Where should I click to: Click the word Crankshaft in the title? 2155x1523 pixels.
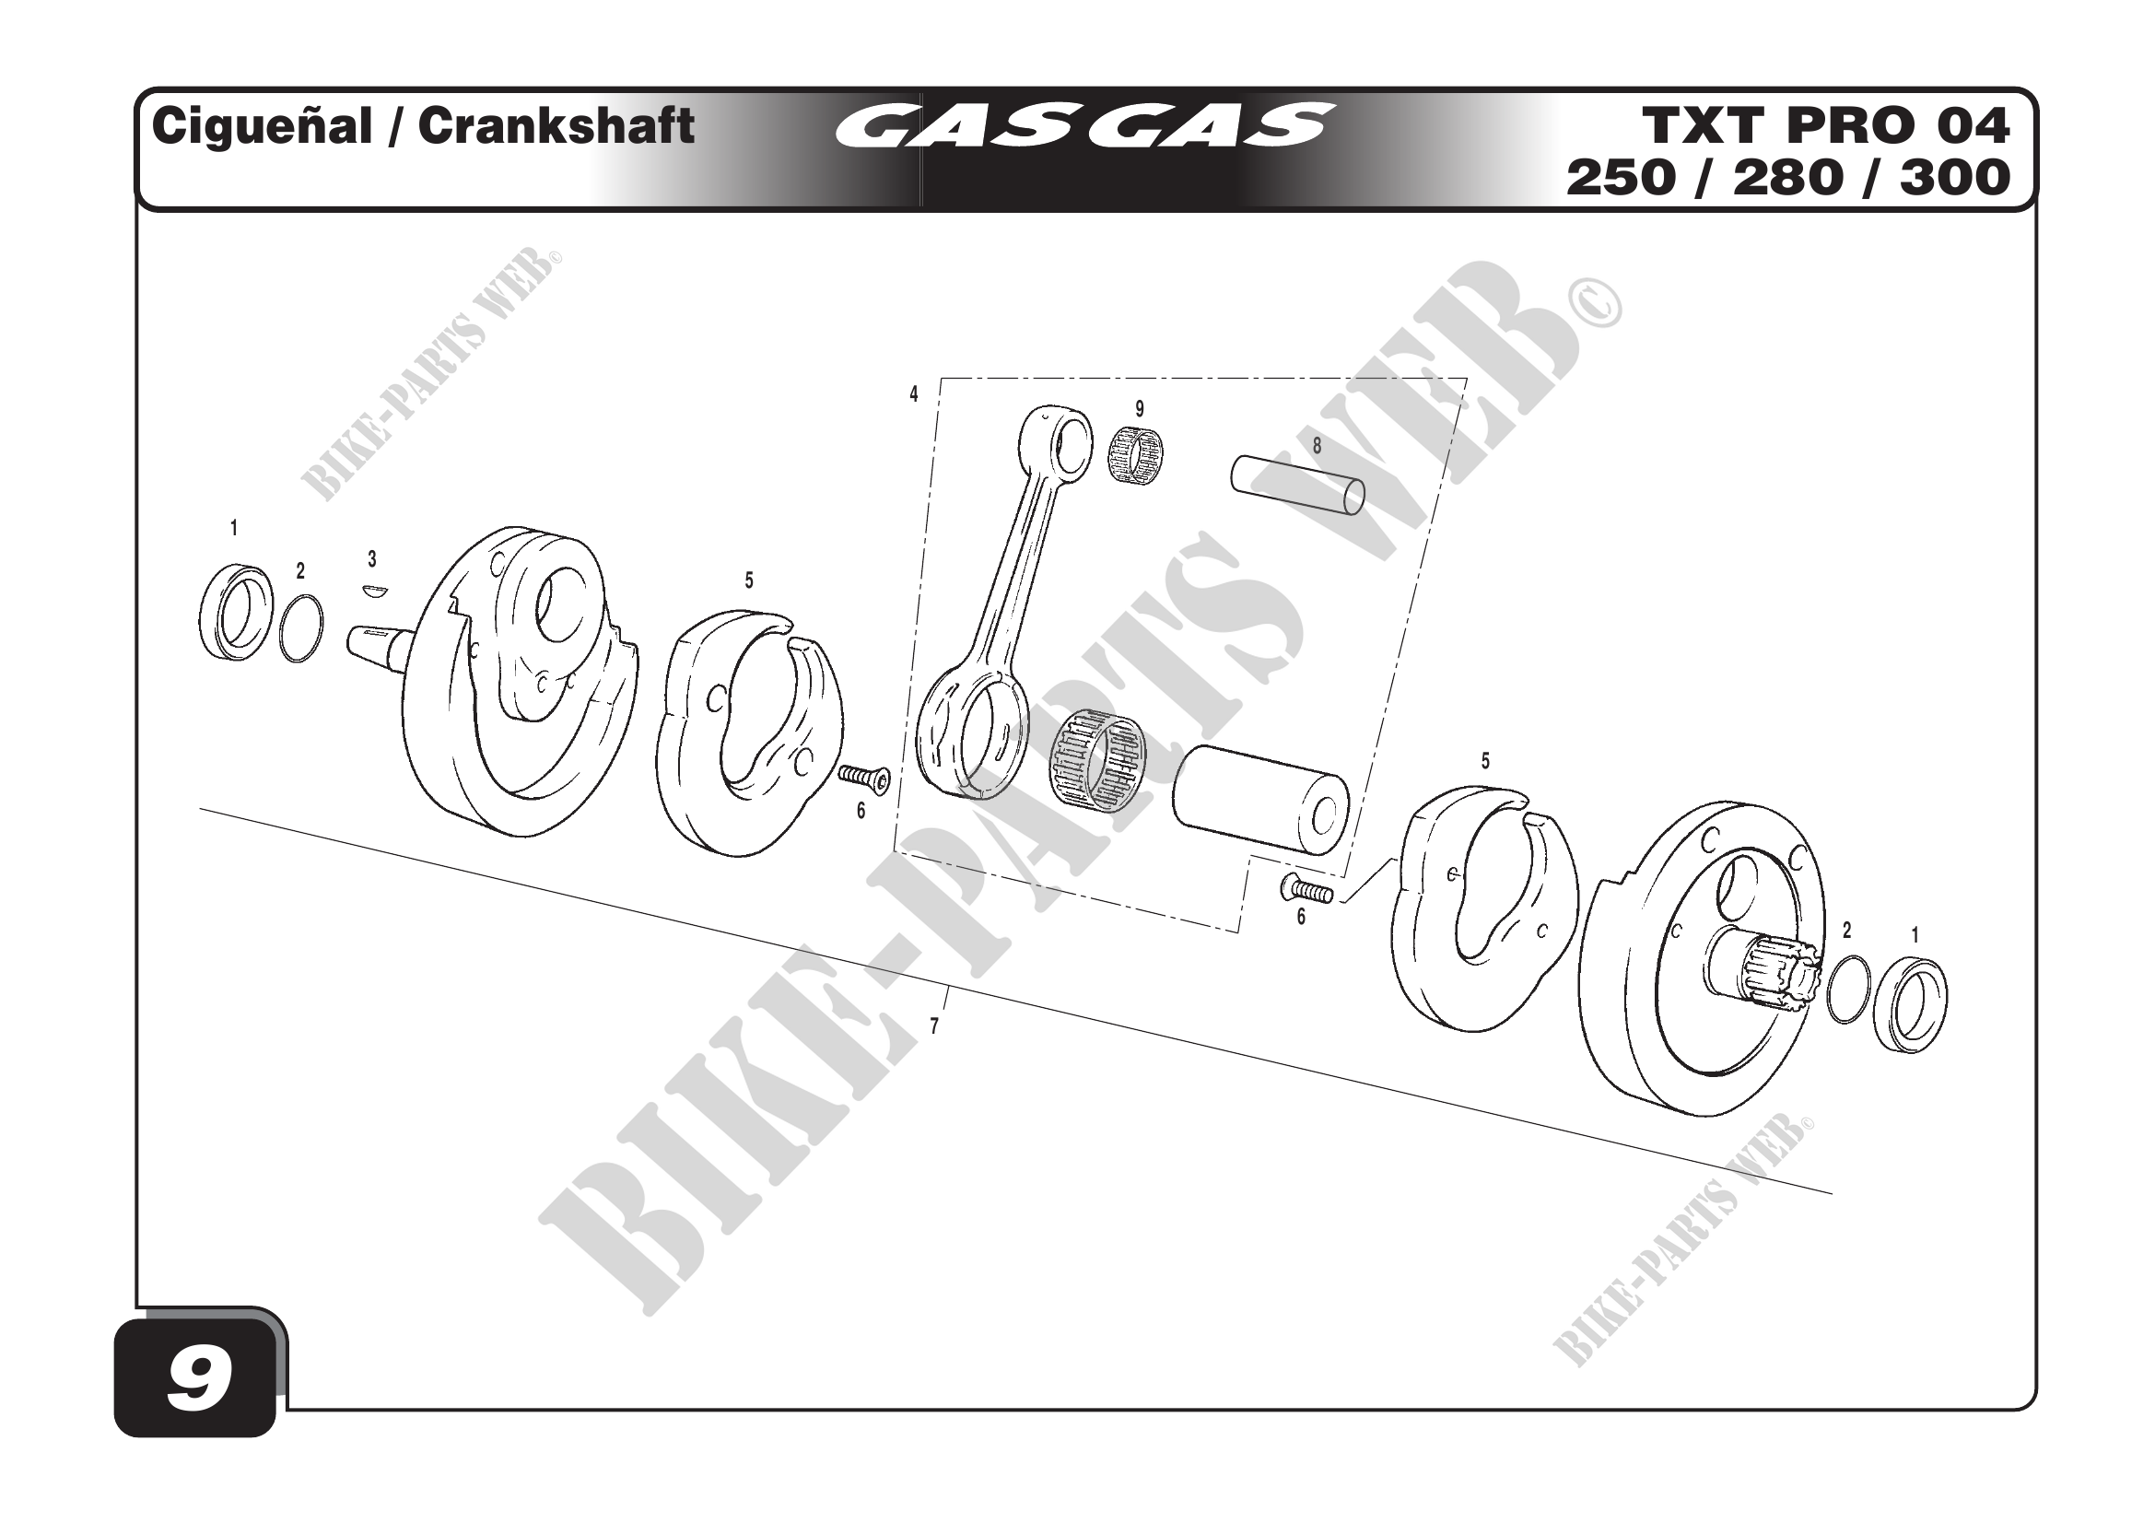(x=556, y=125)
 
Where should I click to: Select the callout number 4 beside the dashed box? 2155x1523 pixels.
(x=913, y=394)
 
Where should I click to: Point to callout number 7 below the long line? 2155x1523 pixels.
(x=934, y=1026)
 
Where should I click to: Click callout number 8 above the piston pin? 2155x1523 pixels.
(x=1317, y=447)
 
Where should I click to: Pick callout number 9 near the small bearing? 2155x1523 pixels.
(x=1140, y=409)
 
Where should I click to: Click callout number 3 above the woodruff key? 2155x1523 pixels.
(x=372, y=559)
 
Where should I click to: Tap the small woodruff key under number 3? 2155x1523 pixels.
(x=374, y=591)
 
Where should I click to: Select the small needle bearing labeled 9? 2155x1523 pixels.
(x=1135, y=456)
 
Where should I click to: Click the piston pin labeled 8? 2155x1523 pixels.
(x=1298, y=486)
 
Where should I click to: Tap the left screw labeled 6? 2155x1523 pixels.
(x=864, y=776)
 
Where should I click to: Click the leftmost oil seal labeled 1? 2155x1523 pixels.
(x=236, y=612)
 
